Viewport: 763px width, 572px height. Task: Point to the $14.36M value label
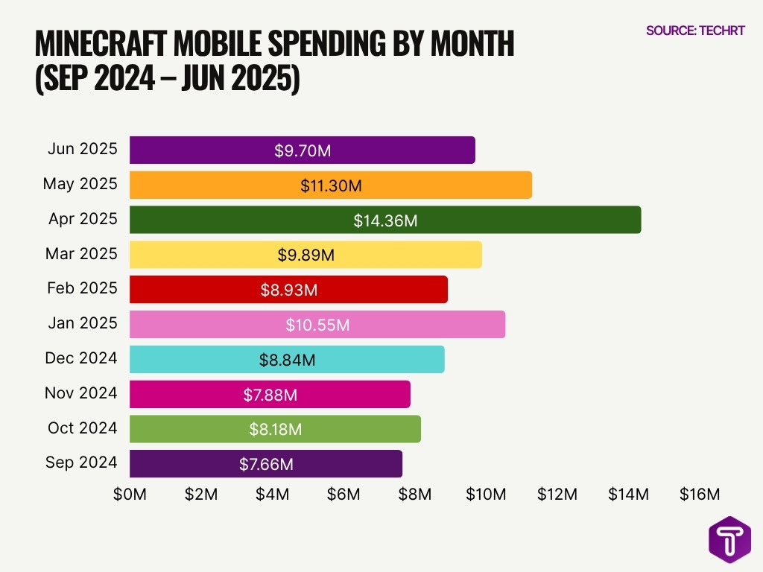[385, 220]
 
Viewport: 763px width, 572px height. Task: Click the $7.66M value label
[266, 464]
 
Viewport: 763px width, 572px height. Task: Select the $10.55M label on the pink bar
[317, 325]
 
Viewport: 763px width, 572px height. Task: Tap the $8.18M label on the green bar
[275, 429]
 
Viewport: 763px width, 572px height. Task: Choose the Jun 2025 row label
[82, 149]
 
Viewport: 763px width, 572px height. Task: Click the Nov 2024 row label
[80, 393]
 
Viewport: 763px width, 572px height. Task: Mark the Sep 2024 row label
[80, 463]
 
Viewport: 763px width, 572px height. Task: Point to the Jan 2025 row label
[82, 323]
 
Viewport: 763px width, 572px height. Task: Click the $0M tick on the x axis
[130, 494]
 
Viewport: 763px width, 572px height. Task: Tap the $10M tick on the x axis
[487, 494]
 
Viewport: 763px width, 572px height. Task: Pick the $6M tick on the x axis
[344, 494]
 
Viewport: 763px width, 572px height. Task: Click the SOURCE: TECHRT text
[694, 31]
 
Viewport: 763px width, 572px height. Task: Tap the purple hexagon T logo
[729, 539]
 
